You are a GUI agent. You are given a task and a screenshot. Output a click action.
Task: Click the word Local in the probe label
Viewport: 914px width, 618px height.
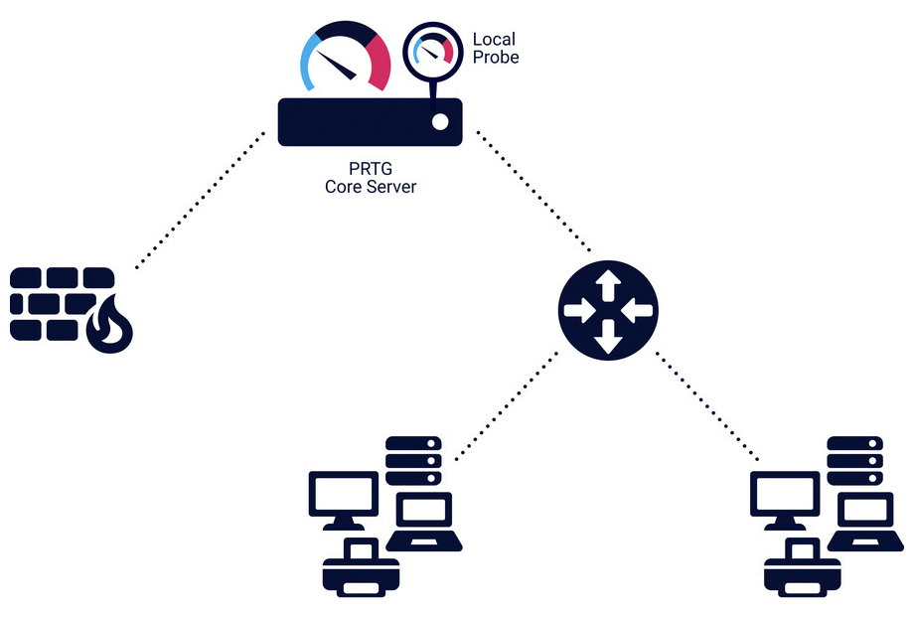coord(493,40)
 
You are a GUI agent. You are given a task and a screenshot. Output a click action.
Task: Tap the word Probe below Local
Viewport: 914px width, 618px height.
coord(496,57)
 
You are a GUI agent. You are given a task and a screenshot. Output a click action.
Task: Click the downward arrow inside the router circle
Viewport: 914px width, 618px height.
coord(608,339)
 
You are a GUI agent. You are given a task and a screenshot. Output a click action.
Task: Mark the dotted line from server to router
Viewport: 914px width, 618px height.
coord(534,190)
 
